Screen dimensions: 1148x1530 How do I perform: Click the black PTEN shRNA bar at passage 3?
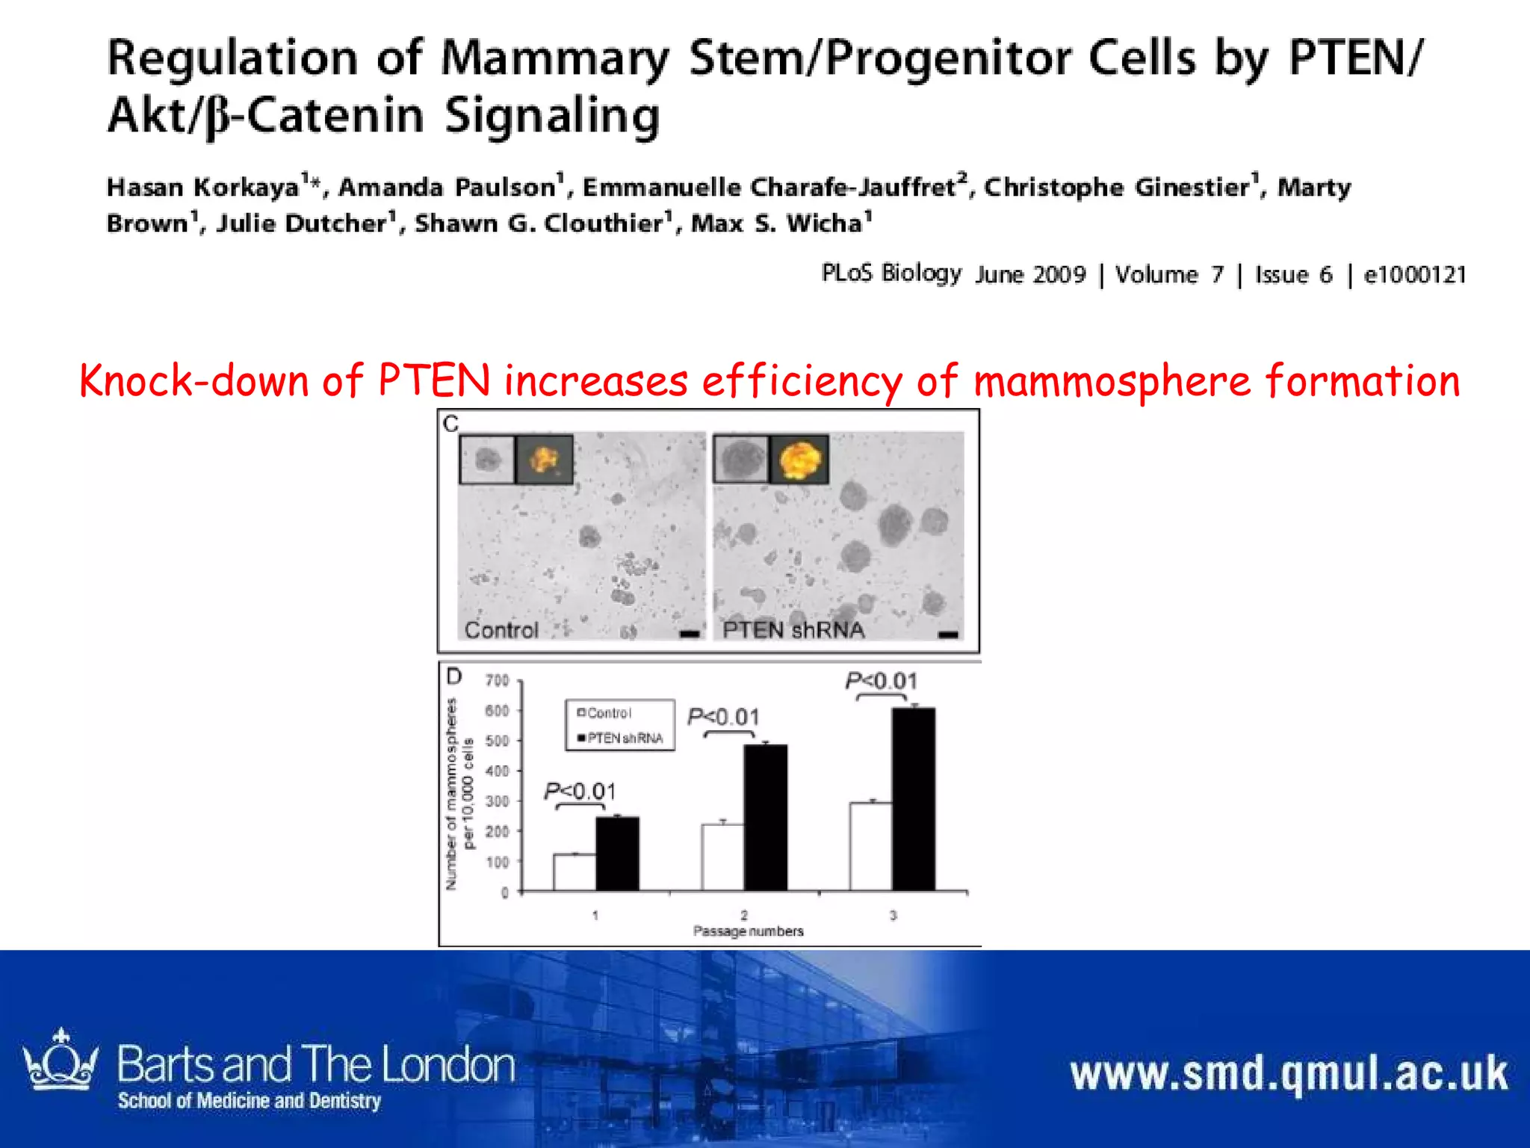913,800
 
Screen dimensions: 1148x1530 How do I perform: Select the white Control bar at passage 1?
574,872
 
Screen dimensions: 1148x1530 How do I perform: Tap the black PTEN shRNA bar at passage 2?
765,818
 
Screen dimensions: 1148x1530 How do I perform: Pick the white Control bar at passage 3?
870,847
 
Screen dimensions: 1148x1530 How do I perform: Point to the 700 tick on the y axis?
498,680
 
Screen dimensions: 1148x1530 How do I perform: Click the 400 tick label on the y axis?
498,771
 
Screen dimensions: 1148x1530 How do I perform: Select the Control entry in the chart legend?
605,713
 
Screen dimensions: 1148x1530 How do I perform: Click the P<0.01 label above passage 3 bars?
882,681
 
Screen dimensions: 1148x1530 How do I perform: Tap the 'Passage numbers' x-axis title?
748,931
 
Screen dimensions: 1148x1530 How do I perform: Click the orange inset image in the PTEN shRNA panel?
799,459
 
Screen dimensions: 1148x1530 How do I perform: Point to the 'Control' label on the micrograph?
501,630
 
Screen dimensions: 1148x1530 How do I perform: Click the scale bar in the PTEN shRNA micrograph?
948,635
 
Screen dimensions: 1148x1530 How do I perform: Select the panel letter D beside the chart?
454,677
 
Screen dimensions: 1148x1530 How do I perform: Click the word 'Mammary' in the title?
554,58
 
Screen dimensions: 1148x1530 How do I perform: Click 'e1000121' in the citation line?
1415,275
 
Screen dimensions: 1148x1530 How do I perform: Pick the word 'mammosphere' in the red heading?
1112,381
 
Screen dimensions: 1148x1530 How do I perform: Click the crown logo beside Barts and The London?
61,1062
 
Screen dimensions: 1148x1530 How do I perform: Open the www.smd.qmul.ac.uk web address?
1289,1074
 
